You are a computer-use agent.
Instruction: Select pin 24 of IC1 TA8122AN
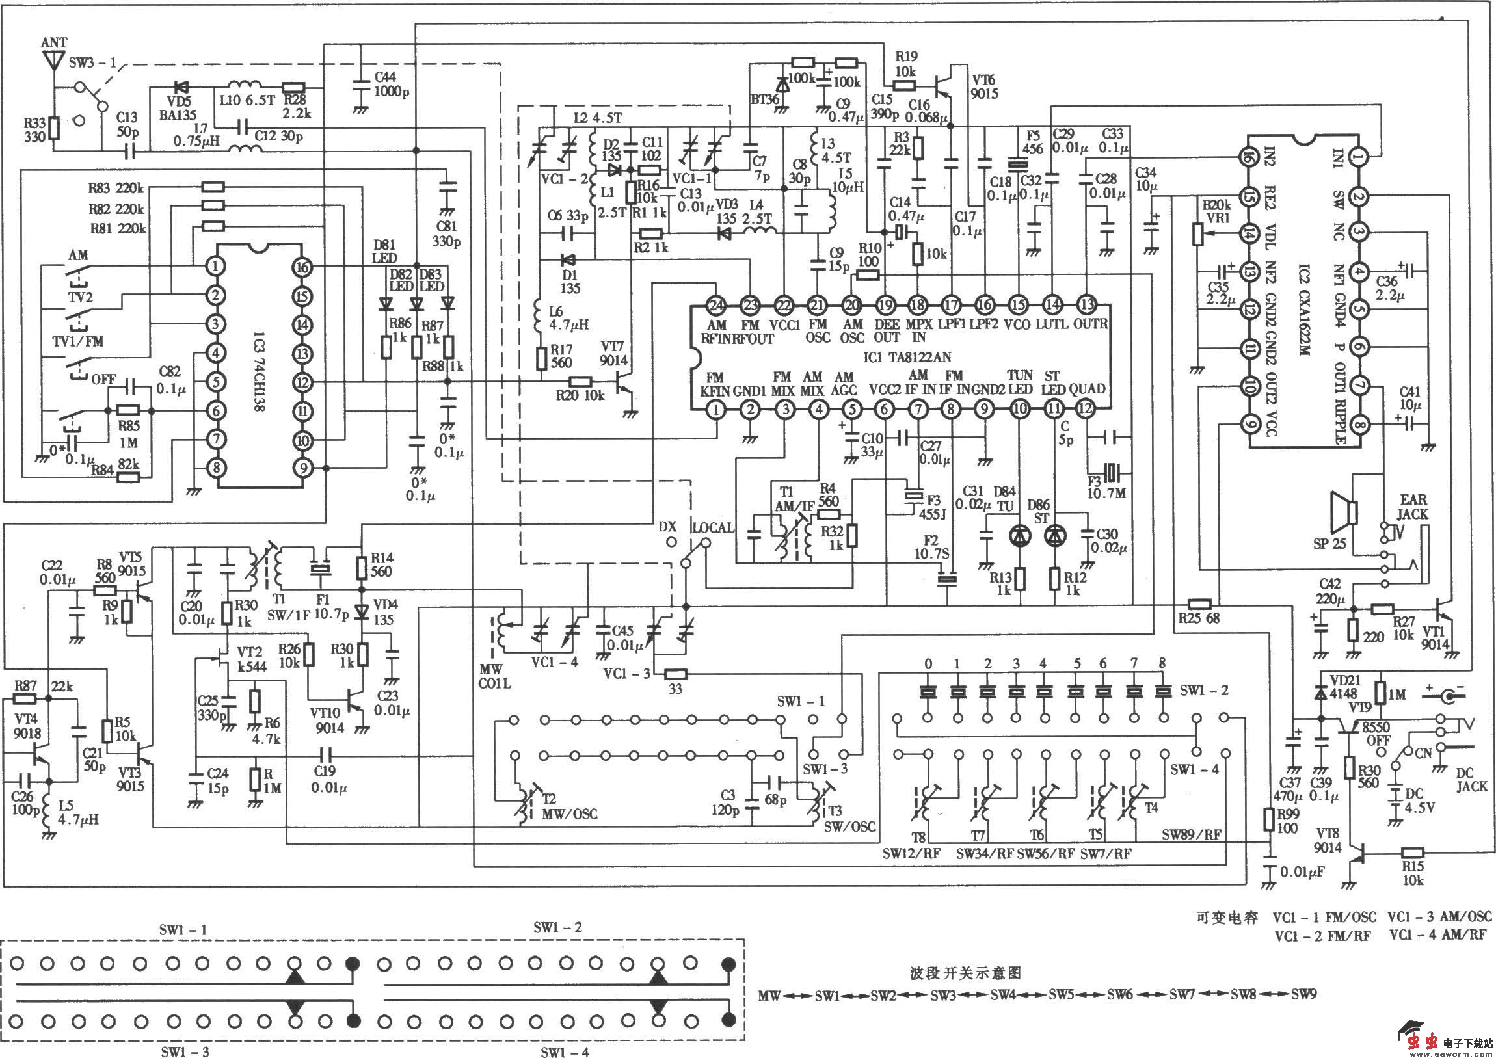[716, 305]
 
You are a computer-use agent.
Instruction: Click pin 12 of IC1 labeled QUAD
[1086, 409]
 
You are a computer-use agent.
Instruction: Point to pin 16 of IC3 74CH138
[302, 267]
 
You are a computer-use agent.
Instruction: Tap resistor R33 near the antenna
[55, 129]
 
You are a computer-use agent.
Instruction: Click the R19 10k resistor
[903, 85]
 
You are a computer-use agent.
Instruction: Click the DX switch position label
[667, 526]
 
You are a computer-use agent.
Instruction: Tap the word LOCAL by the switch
[712, 527]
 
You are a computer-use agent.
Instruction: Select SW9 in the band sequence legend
[1303, 994]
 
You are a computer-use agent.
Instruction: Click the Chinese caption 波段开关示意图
[965, 973]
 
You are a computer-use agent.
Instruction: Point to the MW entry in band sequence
[769, 996]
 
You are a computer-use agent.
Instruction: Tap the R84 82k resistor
[128, 477]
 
